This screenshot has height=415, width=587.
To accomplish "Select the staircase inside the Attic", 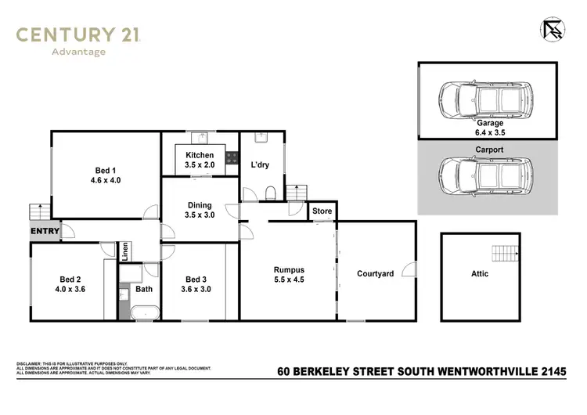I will pos(505,254).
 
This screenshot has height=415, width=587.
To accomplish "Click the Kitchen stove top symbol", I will pos(232,157).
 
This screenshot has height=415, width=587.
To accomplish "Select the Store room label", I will pos(322,211).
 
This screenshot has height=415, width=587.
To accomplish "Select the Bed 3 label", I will pos(197,284).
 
